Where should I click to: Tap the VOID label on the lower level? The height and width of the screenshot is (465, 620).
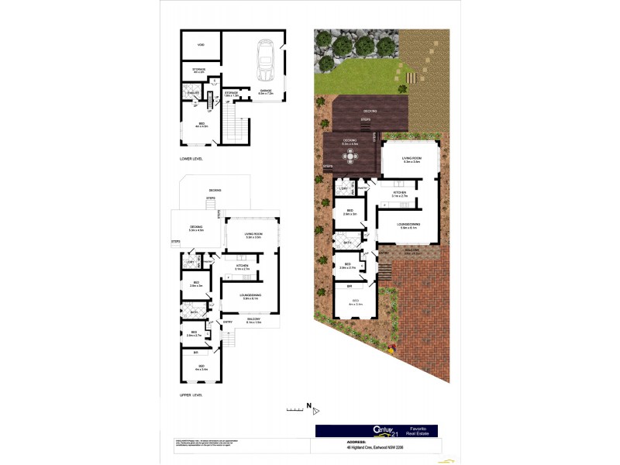click(200, 45)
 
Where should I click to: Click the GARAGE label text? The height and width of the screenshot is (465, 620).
click(266, 91)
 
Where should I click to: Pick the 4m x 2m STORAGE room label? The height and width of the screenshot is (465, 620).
click(198, 71)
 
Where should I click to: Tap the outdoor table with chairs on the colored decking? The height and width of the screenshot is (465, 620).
click(351, 156)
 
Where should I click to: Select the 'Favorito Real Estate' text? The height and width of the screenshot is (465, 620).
click(418, 431)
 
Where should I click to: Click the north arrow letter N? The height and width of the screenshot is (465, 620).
click(308, 405)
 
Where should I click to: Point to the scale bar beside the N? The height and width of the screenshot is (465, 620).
click(293, 408)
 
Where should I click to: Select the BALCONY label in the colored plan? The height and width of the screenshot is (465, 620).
click(411, 250)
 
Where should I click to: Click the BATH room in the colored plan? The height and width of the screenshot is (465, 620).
click(348, 243)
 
